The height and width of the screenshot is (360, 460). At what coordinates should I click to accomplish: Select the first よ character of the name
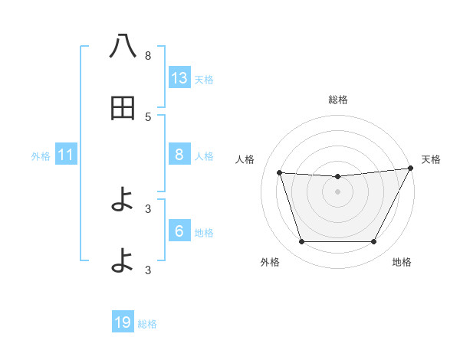click(123, 201)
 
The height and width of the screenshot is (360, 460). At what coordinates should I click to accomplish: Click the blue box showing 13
click(179, 78)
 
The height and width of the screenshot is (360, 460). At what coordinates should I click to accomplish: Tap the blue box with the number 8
click(179, 155)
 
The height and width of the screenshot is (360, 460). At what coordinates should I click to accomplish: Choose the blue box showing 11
click(66, 155)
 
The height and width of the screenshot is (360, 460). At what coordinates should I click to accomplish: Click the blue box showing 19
click(123, 323)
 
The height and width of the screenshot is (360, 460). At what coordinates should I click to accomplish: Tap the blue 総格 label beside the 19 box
click(147, 324)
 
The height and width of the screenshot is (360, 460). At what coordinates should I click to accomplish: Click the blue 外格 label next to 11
click(41, 156)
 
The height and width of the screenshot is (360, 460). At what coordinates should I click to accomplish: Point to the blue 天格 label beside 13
click(204, 79)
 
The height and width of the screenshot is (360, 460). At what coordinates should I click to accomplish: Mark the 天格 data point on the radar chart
click(411, 168)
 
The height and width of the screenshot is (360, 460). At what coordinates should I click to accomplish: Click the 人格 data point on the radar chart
click(279, 173)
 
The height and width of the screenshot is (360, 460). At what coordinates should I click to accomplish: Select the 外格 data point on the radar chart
click(301, 242)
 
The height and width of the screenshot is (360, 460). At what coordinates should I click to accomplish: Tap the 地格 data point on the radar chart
click(374, 242)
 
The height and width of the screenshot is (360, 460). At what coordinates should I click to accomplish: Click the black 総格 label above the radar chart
click(337, 100)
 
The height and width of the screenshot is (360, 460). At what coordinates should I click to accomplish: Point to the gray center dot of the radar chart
click(337, 191)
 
